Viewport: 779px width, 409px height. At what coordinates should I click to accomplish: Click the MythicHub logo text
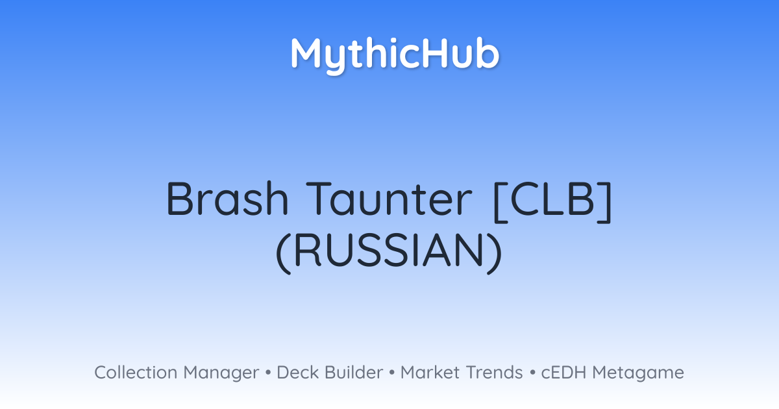coord(395,55)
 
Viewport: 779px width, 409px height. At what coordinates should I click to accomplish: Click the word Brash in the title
coord(227,199)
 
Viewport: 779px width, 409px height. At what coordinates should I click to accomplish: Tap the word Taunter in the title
coord(389,199)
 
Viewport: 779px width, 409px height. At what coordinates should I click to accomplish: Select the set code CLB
coord(552,199)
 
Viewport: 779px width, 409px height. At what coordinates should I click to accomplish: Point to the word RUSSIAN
coord(389,251)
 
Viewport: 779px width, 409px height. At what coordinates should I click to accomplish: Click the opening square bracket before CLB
coord(500,202)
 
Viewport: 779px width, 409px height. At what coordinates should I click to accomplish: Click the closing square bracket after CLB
coord(605,202)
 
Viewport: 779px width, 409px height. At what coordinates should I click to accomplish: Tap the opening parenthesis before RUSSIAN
coord(283,253)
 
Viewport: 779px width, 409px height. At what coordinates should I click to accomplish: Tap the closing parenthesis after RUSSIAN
coord(495,253)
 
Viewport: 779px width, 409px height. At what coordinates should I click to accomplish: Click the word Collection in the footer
coord(136,373)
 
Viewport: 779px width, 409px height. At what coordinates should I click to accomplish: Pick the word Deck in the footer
coord(297,373)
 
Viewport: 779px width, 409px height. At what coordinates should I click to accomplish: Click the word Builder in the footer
coord(354,373)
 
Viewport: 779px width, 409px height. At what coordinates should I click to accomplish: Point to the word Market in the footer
coord(430,373)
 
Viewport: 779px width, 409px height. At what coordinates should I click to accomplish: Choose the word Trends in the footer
coord(495,373)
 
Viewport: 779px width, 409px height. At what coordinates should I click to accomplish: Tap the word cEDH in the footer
coord(563,373)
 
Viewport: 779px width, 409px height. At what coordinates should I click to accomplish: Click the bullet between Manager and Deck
coord(267,373)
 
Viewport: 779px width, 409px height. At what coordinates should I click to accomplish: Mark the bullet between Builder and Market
coord(392,373)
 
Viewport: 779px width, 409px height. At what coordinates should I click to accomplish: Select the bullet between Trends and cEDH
coord(532,373)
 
